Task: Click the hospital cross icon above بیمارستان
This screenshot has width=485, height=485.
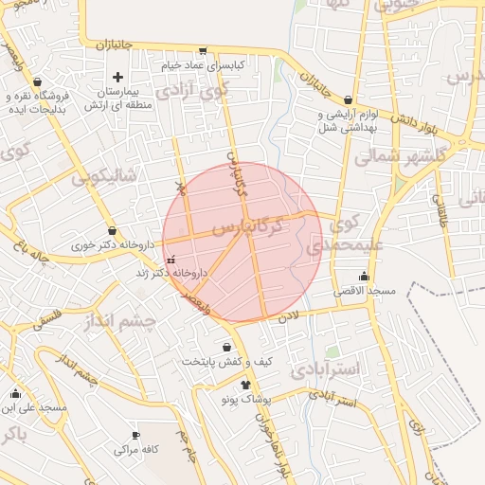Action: (117, 77)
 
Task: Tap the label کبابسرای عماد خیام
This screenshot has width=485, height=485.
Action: (202, 63)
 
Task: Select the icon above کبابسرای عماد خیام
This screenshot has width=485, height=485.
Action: (202, 50)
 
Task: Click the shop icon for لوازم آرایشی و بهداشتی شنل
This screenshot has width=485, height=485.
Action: (349, 99)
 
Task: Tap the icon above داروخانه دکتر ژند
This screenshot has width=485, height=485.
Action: (171, 260)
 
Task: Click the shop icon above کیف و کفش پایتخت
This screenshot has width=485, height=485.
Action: (226, 347)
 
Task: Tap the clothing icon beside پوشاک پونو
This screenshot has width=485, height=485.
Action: (247, 385)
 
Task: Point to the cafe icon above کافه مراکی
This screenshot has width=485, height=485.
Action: (135, 436)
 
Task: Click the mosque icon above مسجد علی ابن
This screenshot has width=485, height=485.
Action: (14, 394)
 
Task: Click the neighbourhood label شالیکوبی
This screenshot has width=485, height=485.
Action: (104, 175)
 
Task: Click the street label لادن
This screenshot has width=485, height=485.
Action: (288, 314)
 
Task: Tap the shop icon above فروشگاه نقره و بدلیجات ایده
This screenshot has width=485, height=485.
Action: (36, 82)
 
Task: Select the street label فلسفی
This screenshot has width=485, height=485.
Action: (50, 319)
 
